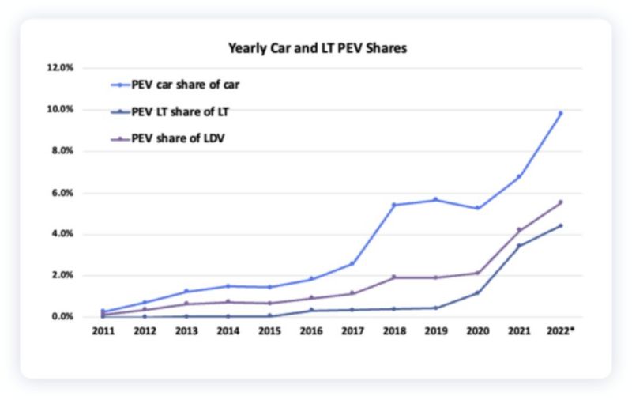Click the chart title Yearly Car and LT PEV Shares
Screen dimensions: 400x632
click(x=317, y=48)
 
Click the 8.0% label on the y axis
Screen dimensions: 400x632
click(x=62, y=151)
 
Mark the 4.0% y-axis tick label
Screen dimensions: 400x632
click(x=62, y=234)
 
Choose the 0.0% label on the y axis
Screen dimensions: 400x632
click(x=62, y=317)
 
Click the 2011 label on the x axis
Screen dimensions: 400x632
click(x=103, y=330)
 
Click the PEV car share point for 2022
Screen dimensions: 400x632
click(x=560, y=113)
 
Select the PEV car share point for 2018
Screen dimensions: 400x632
click(x=394, y=205)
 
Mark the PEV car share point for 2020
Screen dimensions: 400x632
click(x=477, y=208)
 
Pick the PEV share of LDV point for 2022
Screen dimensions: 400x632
click(x=560, y=202)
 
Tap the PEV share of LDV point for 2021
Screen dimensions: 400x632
click(x=519, y=230)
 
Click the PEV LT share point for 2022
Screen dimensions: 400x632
click(x=560, y=225)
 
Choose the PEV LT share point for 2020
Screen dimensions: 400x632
click(x=477, y=292)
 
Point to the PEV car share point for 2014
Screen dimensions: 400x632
click(x=228, y=286)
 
